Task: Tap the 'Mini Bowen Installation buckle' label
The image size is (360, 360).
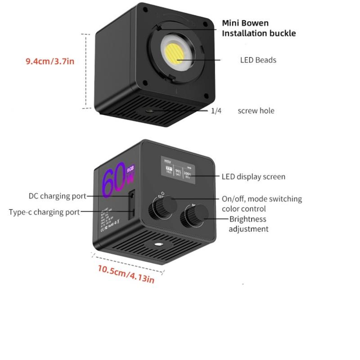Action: pyautogui.click(x=259, y=28)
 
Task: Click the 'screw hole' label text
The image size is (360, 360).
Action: pyautogui.click(x=256, y=111)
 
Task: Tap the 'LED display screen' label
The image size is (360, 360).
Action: pyautogui.click(x=253, y=177)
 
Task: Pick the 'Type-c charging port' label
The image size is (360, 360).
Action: pyautogui.click(x=44, y=212)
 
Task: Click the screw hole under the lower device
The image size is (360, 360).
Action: pyautogui.click(x=158, y=244)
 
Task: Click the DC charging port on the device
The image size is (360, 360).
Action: pyautogui.click(x=132, y=196)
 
